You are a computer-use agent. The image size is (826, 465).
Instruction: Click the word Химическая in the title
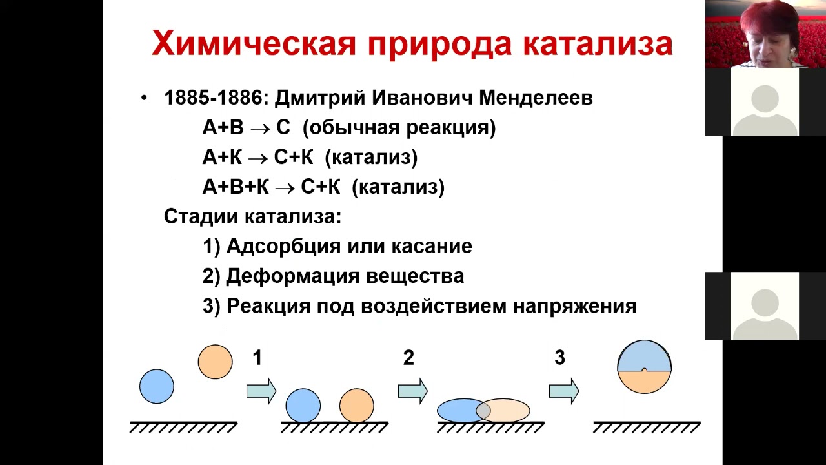point(254,44)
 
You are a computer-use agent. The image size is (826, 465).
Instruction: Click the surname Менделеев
point(536,98)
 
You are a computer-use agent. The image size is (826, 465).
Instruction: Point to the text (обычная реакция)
point(399,128)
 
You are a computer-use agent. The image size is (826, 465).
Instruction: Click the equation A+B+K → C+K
point(271,187)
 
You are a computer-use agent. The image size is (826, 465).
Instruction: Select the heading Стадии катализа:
point(252,216)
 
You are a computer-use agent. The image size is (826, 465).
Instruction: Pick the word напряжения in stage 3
point(574,305)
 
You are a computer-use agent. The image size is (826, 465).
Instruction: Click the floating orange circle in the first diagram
point(215,362)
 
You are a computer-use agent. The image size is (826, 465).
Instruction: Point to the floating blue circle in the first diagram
point(157,386)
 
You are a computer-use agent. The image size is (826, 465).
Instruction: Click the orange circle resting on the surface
point(356,406)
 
